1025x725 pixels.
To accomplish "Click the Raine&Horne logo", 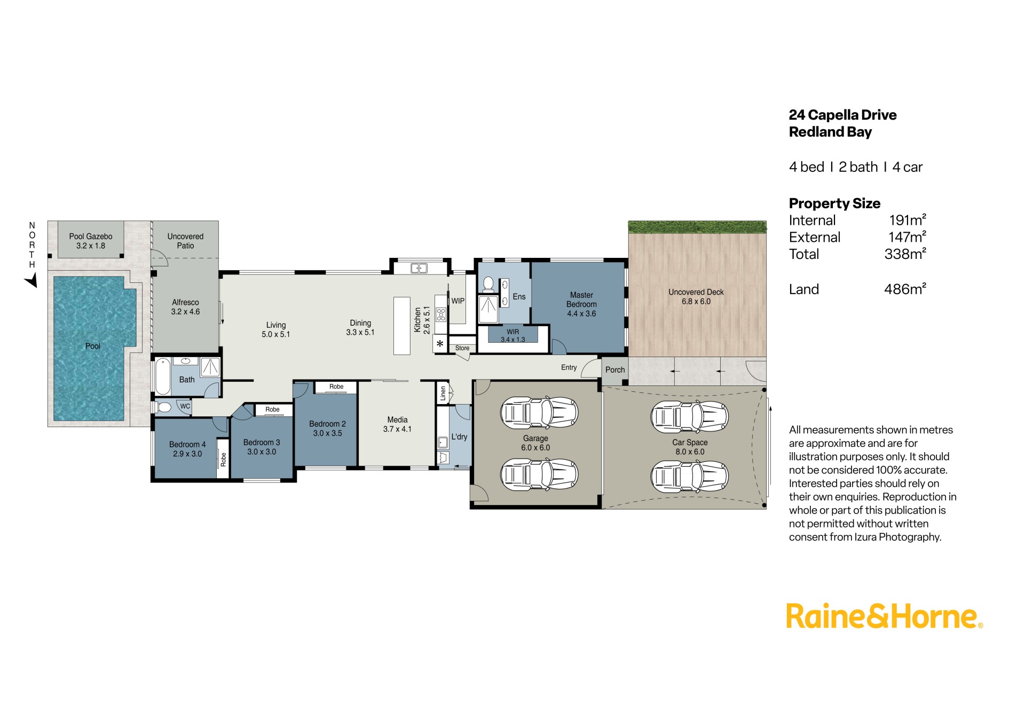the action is point(884,616).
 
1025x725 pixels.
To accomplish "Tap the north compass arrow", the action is point(31,280).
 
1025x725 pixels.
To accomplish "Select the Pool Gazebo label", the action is point(91,241).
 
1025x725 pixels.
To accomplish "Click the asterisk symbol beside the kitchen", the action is point(440,344).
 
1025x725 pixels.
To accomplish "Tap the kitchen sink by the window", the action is point(419,268).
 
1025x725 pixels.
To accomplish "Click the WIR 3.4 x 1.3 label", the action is point(512,336).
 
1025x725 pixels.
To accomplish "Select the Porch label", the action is point(615,369).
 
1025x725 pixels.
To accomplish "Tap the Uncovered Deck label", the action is point(696,297).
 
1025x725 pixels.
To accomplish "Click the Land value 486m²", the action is point(905,289).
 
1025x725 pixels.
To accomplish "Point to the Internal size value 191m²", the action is point(908,220).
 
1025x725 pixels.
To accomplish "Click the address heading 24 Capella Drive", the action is point(842,115).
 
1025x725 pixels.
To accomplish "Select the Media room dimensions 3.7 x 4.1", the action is point(397,429).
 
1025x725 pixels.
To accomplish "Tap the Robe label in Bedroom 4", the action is point(223,459).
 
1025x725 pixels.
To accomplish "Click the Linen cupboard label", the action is point(443,394).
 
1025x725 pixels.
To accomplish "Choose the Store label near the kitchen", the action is point(462,348).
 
